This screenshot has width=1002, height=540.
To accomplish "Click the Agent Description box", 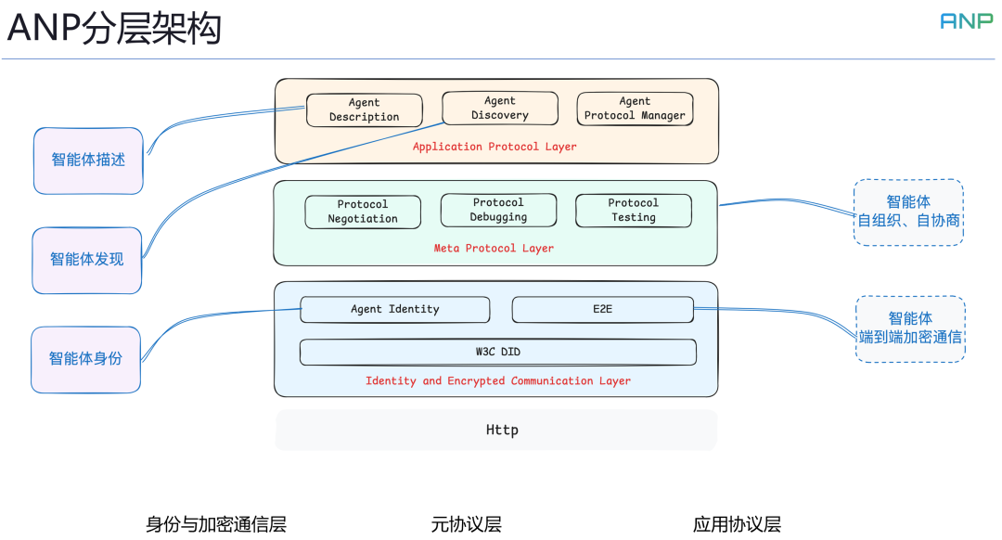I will pos(364,109).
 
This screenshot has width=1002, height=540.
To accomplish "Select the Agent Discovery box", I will pos(499,108).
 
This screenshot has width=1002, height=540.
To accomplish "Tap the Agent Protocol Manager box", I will pos(635,109).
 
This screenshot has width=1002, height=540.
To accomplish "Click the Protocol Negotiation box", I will pos(363,212).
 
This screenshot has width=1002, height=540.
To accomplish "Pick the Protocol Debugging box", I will pos(498,210).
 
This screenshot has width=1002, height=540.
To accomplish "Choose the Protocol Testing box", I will pos(633,210).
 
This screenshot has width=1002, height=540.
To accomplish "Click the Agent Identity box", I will pos(394,309).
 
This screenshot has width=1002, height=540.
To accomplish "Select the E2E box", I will pos(602,309).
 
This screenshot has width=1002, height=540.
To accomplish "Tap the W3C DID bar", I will pos(497,353).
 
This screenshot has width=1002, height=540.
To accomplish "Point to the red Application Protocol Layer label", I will pos(495,147).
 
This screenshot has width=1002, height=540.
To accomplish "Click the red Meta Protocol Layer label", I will pos(494,249).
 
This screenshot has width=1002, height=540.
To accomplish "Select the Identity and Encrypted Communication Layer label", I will pos(497,381).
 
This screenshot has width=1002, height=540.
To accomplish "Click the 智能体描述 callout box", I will pos(88,161).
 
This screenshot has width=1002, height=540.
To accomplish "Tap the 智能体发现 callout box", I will pos(87,260).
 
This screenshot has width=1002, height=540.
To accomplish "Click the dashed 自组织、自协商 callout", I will pos(908,212).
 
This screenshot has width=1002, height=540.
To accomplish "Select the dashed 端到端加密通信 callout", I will pos(909,328).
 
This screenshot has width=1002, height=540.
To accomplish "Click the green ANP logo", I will pos(966,20).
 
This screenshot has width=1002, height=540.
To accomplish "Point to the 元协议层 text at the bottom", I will pos(466,524).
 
